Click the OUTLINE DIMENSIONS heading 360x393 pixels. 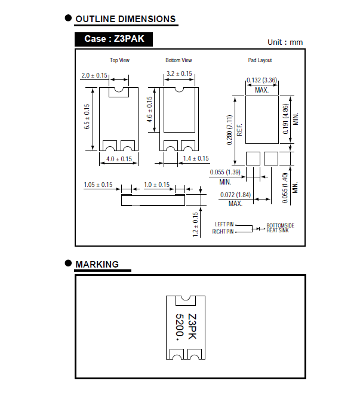click(125, 20)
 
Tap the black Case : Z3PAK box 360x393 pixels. click(113, 39)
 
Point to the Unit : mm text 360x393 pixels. click(285, 42)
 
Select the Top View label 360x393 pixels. click(119, 60)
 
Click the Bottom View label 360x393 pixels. click(179, 60)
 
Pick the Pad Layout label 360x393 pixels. click(260, 60)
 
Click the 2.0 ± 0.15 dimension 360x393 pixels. click(94, 76)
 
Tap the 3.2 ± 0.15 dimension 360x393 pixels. click(179, 74)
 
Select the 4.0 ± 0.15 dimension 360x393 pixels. click(119, 159)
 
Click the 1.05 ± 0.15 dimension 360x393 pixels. click(98, 185)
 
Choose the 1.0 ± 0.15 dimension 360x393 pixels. click(156, 185)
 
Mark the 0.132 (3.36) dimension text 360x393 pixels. click(261, 80)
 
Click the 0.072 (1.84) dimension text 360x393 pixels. click(236, 196)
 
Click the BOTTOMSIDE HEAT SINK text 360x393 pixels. click(280, 228)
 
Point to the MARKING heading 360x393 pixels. click(97, 264)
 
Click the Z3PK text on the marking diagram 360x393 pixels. click(192, 327)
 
